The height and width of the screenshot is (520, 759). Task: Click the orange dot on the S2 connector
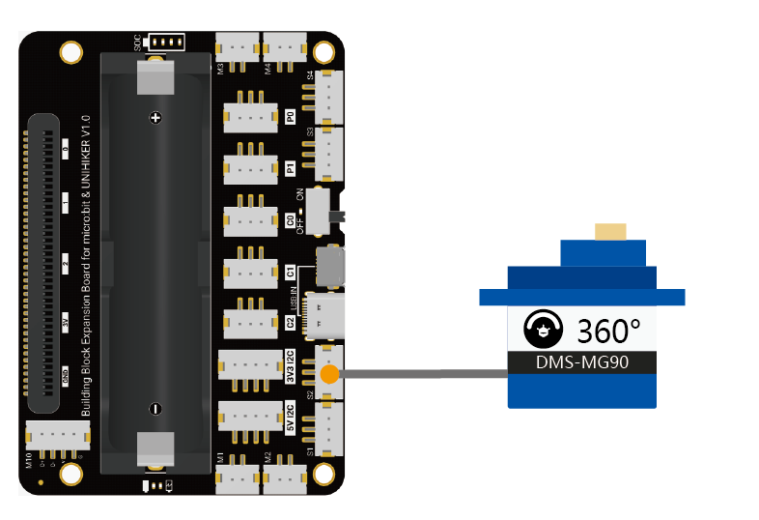point(330,373)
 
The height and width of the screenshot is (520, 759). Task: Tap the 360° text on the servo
point(608,331)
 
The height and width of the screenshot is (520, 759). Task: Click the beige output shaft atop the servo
point(610,231)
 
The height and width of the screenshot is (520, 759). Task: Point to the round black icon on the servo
point(542,330)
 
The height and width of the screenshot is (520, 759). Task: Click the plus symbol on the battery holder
point(155,118)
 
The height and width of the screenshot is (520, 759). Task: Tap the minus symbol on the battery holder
point(155,406)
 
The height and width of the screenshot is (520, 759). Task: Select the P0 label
point(290,116)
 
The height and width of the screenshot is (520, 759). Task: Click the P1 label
point(290,168)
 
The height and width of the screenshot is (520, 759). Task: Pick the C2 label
point(290,322)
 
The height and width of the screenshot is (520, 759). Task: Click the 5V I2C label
point(290,418)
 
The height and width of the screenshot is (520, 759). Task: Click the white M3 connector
point(238,46)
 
